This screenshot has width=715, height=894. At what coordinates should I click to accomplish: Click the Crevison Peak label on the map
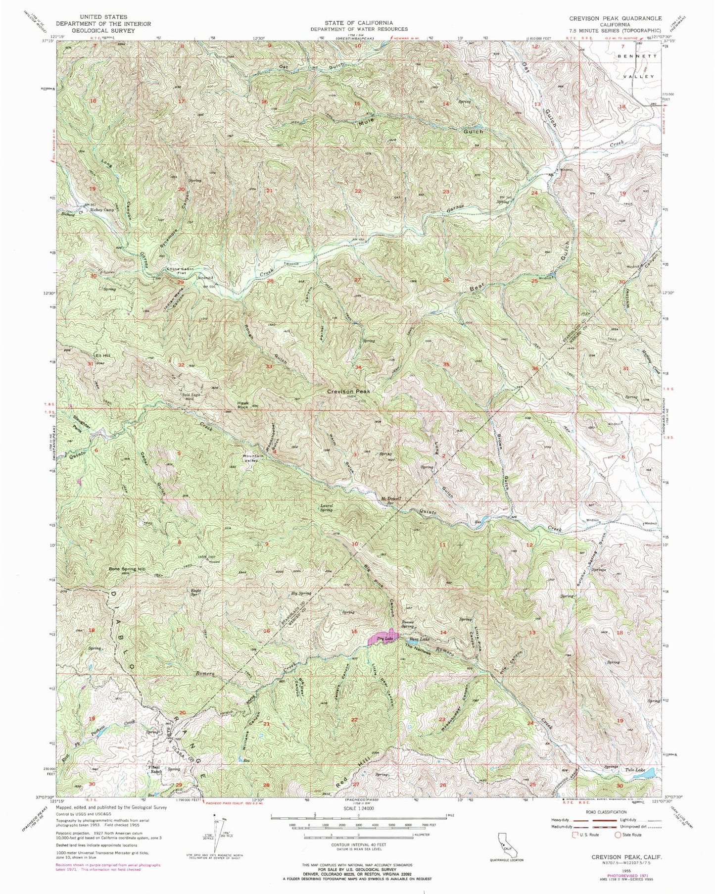(x=348, y=391)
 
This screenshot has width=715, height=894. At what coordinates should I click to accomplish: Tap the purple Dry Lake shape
(x=383, y=638)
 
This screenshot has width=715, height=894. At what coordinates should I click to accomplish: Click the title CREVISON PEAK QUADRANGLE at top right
(x=615, y=18)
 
